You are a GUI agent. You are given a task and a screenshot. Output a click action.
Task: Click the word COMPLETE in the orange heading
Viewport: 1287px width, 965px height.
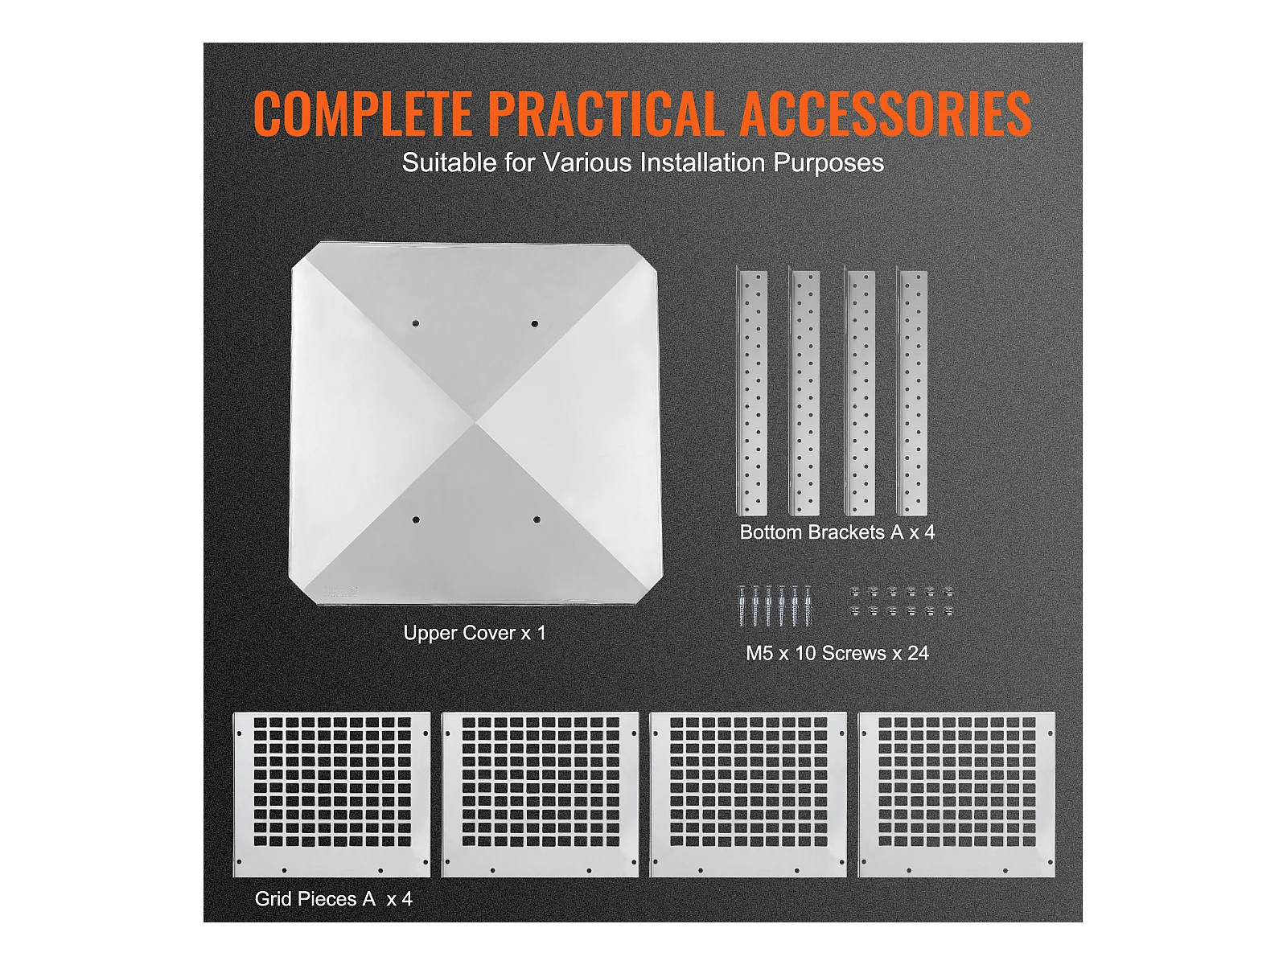point(362,113)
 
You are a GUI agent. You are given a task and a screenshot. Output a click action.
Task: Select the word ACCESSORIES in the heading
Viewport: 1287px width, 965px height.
point(885,113)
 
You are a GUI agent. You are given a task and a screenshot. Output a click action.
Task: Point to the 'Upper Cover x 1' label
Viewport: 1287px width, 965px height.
point(475,633)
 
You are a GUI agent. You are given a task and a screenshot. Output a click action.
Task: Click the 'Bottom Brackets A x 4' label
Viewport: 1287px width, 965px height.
point(837,532)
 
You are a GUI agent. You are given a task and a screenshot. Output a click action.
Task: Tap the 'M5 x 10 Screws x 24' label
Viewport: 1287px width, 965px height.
point(837,653)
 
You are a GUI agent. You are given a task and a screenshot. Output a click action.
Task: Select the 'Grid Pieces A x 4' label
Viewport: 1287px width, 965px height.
point(334,899)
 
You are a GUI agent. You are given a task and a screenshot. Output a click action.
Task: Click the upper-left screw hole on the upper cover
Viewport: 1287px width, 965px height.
point(416,323)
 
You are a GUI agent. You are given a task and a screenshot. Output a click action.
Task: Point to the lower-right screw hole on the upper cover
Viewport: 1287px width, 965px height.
point(537,519)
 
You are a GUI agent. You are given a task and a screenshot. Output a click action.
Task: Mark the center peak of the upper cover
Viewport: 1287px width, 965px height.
point(476,421)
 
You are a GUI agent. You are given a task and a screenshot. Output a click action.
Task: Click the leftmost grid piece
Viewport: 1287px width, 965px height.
point(332,795)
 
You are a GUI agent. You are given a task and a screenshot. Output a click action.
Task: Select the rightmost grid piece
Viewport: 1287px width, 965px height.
point(957,795)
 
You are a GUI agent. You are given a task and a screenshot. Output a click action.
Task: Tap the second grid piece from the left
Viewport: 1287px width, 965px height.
point(540,795)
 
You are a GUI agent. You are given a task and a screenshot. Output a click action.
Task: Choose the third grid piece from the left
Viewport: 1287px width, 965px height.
point(748,795)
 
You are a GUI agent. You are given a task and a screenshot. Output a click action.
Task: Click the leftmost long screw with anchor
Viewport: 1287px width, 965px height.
point(742,606)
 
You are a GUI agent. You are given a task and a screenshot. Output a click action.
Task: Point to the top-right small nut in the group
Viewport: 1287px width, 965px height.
point(948,593)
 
